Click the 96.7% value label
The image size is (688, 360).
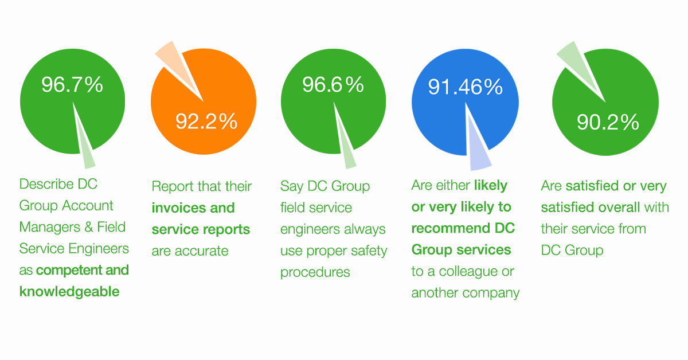point(72,85)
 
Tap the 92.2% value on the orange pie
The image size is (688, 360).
point(206,121)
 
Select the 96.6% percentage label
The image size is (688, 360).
point(333,85)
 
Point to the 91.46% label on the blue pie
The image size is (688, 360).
point(466,87)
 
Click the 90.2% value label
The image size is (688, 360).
point(608,122)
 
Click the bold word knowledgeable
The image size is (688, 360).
point(69,291)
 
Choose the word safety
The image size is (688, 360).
point(366,251)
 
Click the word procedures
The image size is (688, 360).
point(315,272)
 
